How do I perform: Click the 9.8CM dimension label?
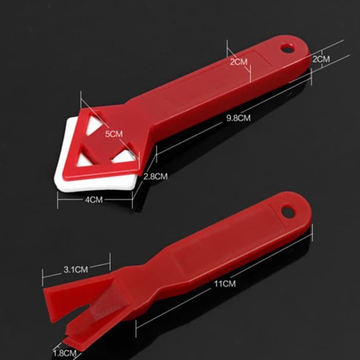pos(238,118)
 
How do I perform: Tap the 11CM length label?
pos(225,284)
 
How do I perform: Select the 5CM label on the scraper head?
pos(114,134)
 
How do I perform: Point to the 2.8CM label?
pos(155,176)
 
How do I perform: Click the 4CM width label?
pos(94,200)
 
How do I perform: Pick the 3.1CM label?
pos(76,269)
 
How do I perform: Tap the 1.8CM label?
pos(64,353)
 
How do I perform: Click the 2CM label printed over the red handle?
pos(239,62)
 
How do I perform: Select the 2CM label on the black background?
pos(321,59)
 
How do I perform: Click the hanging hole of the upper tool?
pos(287,48)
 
